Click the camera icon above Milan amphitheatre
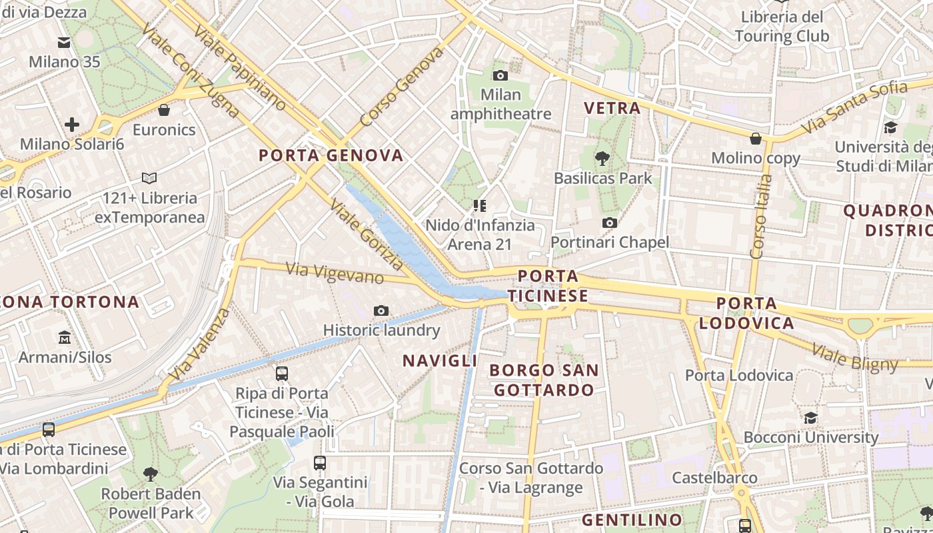(x=500, y=75)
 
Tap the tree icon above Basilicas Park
(x=602, y=159)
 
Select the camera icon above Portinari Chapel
(x=609, y=223)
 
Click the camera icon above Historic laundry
(x=381, y=310)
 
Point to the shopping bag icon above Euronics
(x=164, y=110)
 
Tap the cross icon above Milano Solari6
(x=72, y=124)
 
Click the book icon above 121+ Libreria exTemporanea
(x=149, y=178)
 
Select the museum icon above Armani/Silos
(x=65, y=337)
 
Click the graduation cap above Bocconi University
(x=810, y=418)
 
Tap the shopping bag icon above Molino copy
(x=756, y=139)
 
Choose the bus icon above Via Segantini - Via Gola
(x=320, y=462)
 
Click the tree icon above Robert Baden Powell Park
(x=151, y=474)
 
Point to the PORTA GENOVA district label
(x=331, y=156)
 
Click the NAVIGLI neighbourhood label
(x=440, y=360)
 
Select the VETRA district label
(x=612, y=108)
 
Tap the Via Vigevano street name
(x=335, y=273)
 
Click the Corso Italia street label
(x=761, y=217)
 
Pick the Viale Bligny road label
(x=855, y=357)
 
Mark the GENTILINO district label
(x=632, y=520)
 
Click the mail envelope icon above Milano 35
(x=64, y=43)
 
